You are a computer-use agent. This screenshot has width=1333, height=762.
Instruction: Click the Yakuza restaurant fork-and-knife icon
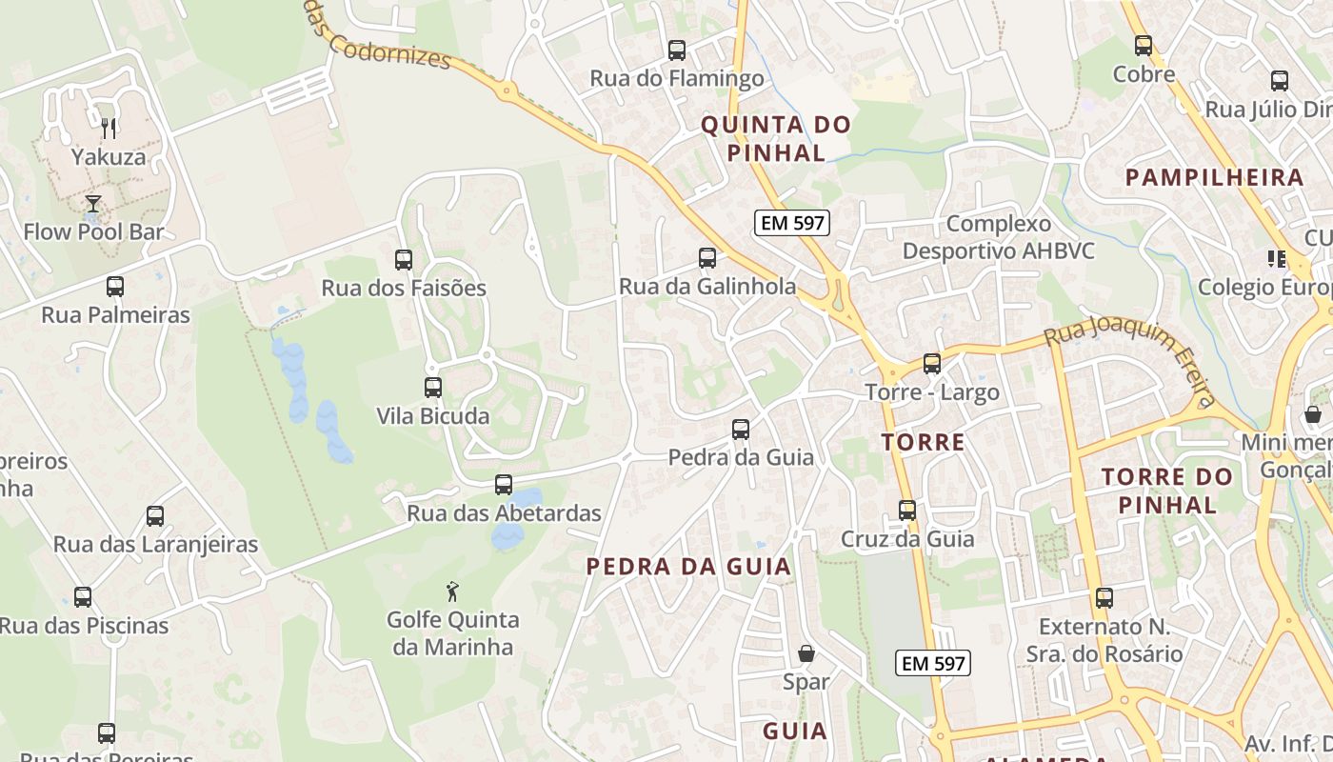pos(109,128)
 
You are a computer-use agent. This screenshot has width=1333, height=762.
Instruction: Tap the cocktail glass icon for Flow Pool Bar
pos(93,203)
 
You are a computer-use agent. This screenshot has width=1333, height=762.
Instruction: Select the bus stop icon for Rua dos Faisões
pos(404,259)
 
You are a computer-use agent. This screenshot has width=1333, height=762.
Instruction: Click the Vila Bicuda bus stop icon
pos(433,387)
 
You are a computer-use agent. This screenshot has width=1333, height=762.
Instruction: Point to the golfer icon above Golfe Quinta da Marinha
pos(452,592)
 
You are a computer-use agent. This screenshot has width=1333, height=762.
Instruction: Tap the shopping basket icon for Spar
pos(806,653)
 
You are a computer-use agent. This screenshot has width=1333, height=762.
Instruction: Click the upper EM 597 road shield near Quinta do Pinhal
pos(792,223)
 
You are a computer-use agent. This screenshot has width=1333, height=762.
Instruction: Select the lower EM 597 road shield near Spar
pos(933,663)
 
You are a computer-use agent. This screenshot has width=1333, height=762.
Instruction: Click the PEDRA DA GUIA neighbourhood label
pos(688,567)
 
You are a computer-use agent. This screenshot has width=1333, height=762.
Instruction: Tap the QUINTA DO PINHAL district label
pos(776,138)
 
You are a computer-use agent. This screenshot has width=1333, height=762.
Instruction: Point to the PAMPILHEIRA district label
pos(1214,177)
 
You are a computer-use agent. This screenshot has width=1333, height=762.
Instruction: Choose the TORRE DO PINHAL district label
pos(1167,490)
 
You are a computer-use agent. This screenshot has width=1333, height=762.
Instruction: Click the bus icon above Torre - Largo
pos(932,364)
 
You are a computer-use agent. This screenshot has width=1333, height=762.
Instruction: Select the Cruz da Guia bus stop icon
pos(907,511)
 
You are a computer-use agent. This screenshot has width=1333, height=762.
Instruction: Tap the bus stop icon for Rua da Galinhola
pos(707,257)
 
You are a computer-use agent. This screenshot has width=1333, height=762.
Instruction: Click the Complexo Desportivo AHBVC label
pos(999,237)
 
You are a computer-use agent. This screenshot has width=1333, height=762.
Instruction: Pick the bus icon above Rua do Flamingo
pos(677,50)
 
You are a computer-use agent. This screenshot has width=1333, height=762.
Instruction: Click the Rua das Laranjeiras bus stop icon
pos(155,516)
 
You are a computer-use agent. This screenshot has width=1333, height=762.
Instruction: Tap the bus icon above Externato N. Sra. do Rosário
pos(1104,598)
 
